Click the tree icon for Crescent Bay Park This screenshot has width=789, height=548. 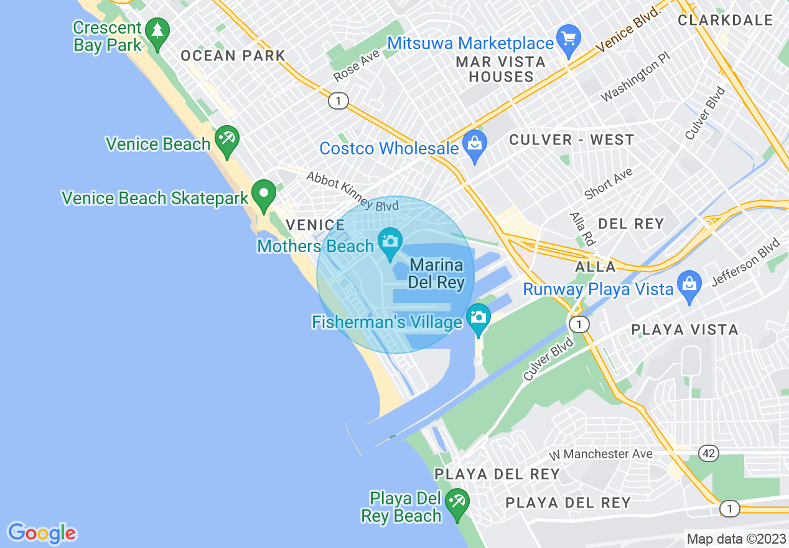[157, 31]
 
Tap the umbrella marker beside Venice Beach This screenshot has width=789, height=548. [225, 139]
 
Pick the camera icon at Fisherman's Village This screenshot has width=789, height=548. [478, 317]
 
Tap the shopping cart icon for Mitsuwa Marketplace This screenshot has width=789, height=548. [568, 39]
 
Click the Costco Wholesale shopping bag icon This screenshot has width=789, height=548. [475, 144]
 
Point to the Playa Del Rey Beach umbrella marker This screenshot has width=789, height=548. [458, 502]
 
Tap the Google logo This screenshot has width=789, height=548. [42, 533]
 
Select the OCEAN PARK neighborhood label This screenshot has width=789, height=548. [233, 55]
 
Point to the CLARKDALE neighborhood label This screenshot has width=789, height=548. [726, 20]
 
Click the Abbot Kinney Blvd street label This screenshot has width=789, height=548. [352, 191]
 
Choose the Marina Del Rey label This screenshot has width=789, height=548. [437, 274]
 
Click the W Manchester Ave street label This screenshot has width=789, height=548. [600, 454]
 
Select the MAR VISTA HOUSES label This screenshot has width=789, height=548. [501, 69]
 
